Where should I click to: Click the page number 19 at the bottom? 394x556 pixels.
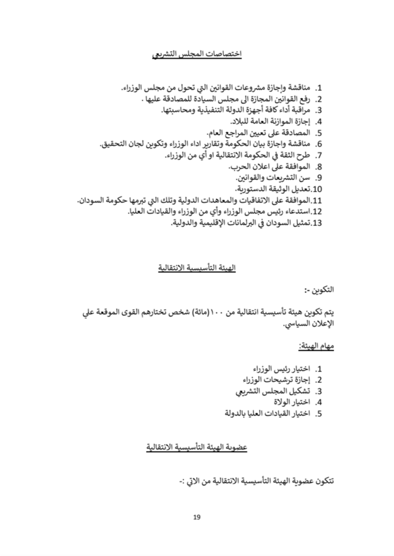(x=197, y=517)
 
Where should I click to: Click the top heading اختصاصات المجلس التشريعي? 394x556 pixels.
(x=197, y=55)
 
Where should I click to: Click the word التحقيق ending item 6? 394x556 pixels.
(x=116, y=144)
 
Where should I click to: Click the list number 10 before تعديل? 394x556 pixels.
(x=318, y=189)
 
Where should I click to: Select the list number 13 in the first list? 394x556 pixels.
(x=318, y=223)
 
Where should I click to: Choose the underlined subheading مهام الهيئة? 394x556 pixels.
(x=316, y=346)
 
